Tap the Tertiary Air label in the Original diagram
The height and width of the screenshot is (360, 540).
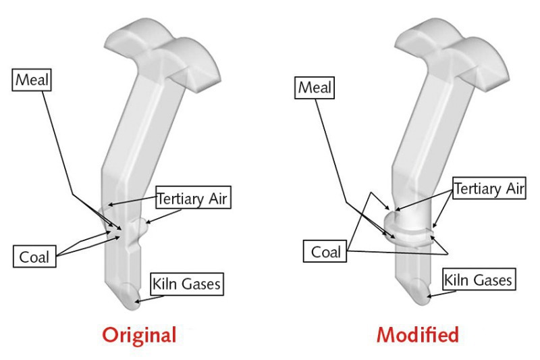click(x=194, y=199)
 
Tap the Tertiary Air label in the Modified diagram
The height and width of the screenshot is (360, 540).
click(x=488, y=189)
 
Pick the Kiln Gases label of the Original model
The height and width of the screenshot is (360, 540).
click(x=186, y=284)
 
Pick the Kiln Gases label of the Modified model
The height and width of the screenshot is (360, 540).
click(x=478, y=278)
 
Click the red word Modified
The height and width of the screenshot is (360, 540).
click(x=418, y=334)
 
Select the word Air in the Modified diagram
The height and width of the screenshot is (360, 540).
click(x=513, y=189)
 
